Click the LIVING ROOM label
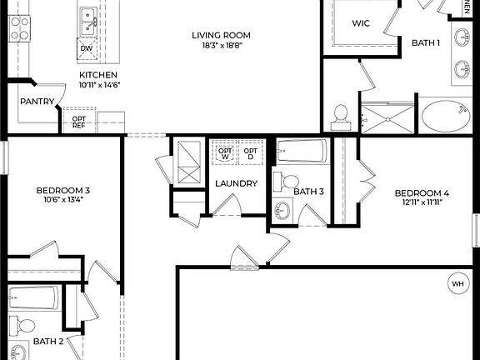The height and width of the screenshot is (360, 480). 221,35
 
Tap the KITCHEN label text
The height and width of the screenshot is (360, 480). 98,73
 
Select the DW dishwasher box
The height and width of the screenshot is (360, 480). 87,49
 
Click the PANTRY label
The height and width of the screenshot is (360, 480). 37,102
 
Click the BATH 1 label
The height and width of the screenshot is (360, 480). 425,42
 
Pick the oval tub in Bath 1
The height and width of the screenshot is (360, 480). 446,115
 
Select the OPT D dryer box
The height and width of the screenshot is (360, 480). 249,152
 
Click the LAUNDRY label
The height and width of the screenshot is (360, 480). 236,183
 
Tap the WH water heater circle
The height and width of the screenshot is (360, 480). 457,282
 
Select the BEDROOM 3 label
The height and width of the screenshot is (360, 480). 62,191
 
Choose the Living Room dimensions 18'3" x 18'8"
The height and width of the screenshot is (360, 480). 221,47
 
